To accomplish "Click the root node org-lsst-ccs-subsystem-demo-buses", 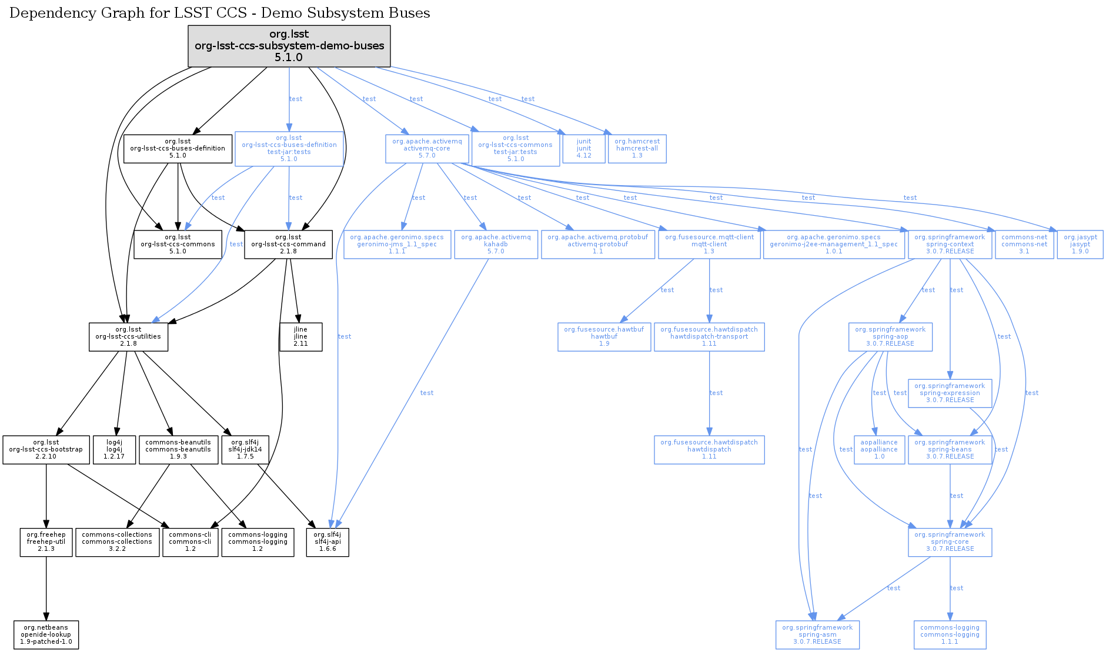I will click(x=289, y=46).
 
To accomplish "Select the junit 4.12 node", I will click(x=584, y=149).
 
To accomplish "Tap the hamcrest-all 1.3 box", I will click(x=637, y=149).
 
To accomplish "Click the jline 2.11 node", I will click(x=300, y=337).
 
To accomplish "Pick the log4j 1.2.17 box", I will click(x=114, y=450).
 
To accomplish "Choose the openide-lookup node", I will click(x=46, y=635).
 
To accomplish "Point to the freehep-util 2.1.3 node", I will click(x=46, y=542).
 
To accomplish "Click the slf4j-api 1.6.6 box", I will click(x=328, y=542).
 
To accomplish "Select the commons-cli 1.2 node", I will click(x=190, y=542).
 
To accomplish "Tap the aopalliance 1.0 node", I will click(x=879, y=450).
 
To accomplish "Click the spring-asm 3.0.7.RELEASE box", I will click(x=817, y=635).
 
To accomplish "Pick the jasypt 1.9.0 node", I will click(x=1080, y=245).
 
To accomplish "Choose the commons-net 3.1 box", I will click(x=1024, y=245).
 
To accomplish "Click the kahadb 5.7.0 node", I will click(x=496, y=245).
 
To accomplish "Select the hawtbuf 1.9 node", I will click(x=604, y=337).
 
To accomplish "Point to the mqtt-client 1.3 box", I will click(x=709, y=245).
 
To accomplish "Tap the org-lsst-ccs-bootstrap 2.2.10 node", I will click(x=46, y=450).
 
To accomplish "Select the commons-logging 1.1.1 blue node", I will click(x=950, y=635).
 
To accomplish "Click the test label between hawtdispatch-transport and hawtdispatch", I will click(x=716, y=393).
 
